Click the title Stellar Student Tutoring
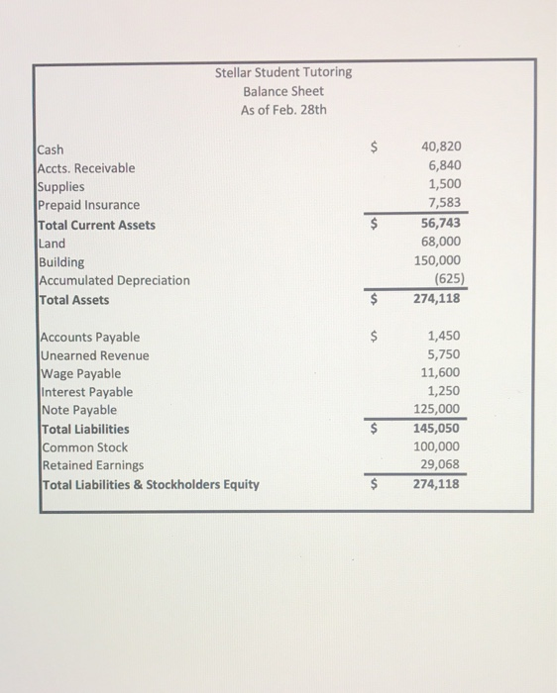pyautogui.click(x=282, y=72)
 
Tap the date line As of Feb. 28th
pyautogui.click(x=282, y=110)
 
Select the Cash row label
pyautogui.click(x=51, y=149)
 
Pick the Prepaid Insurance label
pyautogui.click(x=88, y=205)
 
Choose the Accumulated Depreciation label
pyautogui.click(x=114, y=280)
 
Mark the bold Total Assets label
pyautogui.click(x=73, y=300)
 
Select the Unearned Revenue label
pyautogui.click(x=94, y=355)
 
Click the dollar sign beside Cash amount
pyautogui.click(x=374, y=148)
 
